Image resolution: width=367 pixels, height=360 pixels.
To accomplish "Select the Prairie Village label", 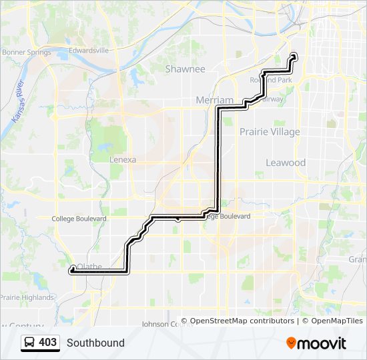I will coord(270,132).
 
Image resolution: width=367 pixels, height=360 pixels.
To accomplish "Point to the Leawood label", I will coord(286,163).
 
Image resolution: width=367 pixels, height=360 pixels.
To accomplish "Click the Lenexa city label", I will coord(123,160).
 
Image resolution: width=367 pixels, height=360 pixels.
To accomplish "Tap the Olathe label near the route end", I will coord(89,266).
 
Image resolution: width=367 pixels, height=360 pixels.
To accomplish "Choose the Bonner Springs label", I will coord(27,53).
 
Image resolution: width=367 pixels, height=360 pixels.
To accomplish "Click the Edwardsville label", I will coord(88,50).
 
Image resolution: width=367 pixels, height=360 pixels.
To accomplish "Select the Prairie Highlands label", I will coord(27,297).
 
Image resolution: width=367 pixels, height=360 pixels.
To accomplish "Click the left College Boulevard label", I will coord(79,219).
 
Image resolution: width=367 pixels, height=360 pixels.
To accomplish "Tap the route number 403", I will coord(47,343).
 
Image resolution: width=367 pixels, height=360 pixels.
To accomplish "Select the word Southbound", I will coord(95,343).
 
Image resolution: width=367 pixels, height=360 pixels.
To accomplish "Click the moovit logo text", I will coord(322,343).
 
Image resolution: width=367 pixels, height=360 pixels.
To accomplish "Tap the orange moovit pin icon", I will coord(291,343).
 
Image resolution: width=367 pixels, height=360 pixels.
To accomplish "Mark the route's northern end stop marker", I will coord(294,56).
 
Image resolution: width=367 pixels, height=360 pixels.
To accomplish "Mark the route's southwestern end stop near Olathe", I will coord(72,269).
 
